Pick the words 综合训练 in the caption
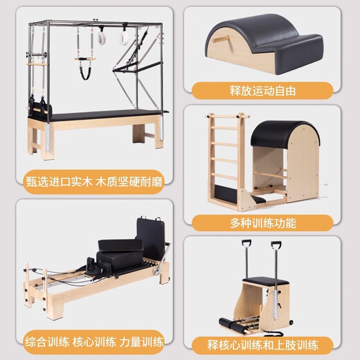(x=42, y=341)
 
